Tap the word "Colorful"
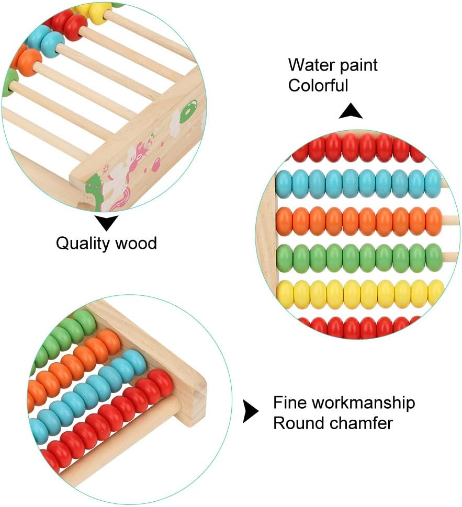pyautogui.click(x=318, y=85)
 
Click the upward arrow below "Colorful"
pyautogui.click(x=351, y=111)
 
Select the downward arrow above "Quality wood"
pyautogui.click(x=108, y=223)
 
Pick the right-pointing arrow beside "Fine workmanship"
pyautogui.click(x=251, y=412)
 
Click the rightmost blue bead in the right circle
pyautogui.click(x=433, y=183)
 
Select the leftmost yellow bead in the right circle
pyautogui.click(x=285, y=294)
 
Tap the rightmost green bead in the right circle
pyautogui.click(x=434, y=257)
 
